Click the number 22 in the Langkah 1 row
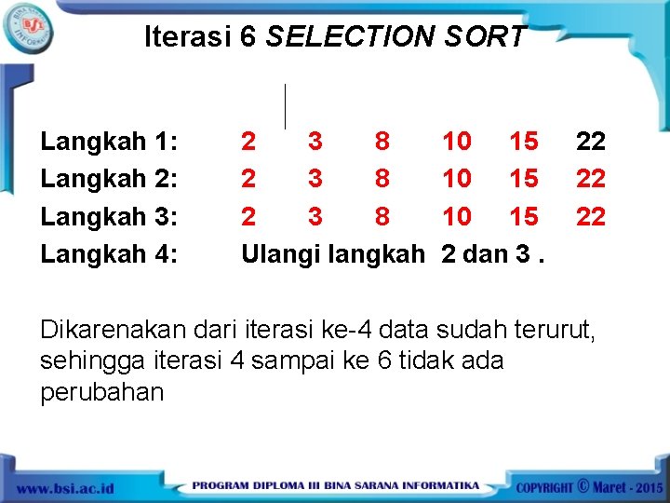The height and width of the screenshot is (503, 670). [x=591, y=142]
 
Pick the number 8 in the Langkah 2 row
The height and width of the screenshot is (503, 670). [x=382, y=179]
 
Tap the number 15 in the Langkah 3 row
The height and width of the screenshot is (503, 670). [x=524, y=216]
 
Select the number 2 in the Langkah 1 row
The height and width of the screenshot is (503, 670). [x=248, y=142]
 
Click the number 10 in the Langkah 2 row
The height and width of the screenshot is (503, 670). [x=456, y=179]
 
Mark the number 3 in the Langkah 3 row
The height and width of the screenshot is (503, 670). [x=315, y=216]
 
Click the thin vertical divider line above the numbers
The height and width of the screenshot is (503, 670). [x=285, y=105]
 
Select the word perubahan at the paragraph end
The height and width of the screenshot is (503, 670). [x=101, y=392]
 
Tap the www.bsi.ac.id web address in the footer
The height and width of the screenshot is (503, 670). [x=64, y=487]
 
